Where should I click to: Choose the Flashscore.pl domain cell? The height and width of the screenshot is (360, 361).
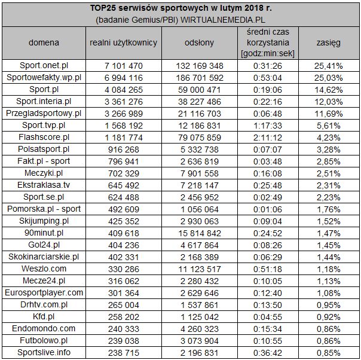click(44, 136)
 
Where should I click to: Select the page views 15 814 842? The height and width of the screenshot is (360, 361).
click(200, 232)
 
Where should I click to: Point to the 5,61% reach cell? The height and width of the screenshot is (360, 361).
click(328, 124)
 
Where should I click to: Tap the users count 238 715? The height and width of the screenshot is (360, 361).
click(123, 352)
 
